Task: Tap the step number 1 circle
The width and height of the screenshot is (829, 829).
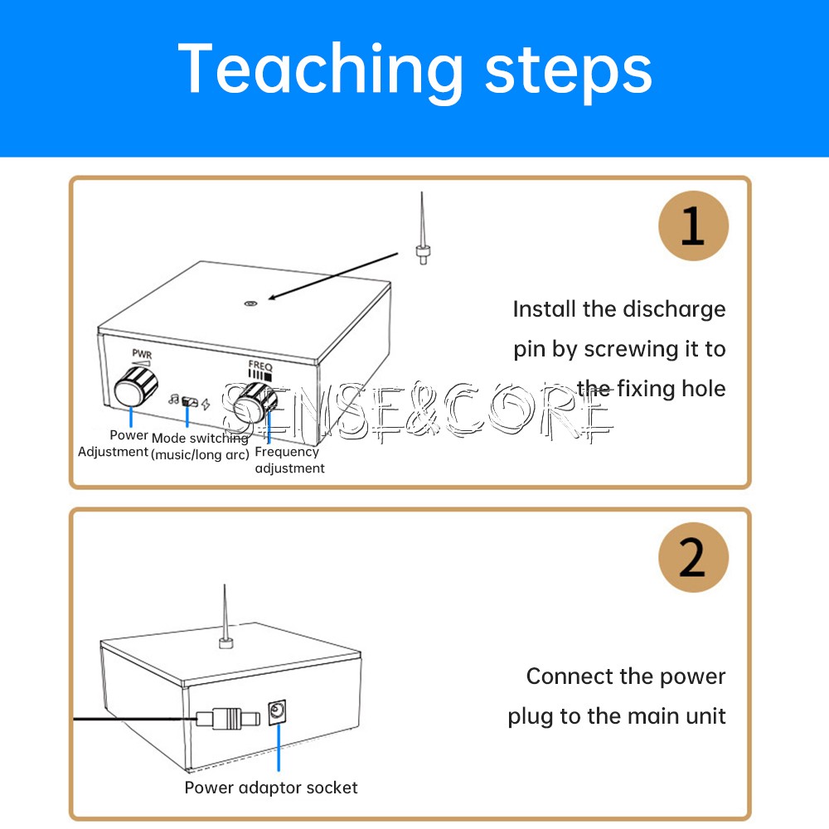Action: (x=693, y=225)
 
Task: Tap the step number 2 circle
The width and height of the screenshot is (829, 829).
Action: (x=693, y=557)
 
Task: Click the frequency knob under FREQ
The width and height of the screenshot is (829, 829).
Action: (x=254, y=405)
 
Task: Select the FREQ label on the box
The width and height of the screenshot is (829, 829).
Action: (x=260, y=365)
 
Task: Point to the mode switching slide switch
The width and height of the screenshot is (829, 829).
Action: (x=190, y=402)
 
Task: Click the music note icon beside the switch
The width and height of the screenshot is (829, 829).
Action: (x=174, y=400)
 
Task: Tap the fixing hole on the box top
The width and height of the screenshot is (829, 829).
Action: (x=250, y=304)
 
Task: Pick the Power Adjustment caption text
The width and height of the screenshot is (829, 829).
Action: (x=114, y=444)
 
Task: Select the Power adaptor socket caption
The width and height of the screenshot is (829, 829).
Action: (x=271, y=788)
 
